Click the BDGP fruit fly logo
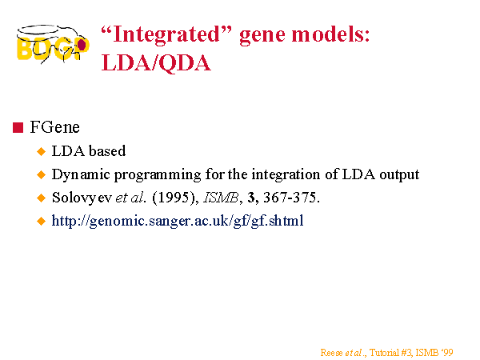[53, 44]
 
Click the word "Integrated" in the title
[166, 34]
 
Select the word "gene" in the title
[262, 35]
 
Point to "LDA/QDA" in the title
[156, 63]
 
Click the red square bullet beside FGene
[18, 127]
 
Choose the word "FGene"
[54, 127]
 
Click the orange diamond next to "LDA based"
[41, 151]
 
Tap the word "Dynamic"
[81, 175]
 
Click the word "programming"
[158, 175]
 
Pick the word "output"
[399, 175]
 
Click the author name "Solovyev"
[82, 198]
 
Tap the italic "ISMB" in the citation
[221, 198]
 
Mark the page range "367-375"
[290, 198]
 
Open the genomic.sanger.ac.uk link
[178, 221]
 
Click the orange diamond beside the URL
[41, 221]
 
